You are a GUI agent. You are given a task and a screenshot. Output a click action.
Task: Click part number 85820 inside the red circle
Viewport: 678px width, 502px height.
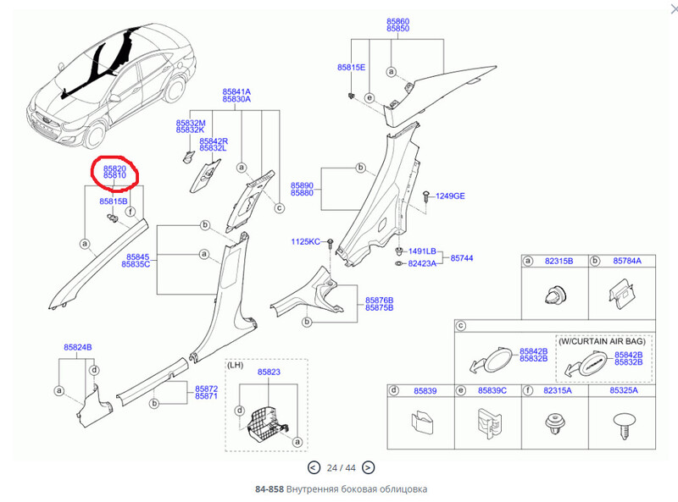114,168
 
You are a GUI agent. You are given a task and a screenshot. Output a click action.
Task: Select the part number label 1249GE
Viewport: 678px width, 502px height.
450,196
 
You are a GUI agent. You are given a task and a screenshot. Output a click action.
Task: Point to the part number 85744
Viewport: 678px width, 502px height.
463,257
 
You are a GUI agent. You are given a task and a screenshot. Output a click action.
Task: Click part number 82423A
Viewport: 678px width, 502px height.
422,264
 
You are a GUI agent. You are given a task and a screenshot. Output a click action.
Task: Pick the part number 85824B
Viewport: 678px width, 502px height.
77,348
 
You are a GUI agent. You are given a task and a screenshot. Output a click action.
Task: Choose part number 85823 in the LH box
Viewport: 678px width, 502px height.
269,372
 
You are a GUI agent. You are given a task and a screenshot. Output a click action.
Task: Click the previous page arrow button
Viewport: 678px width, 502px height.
314,467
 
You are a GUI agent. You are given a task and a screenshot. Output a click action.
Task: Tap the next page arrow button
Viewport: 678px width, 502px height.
368,467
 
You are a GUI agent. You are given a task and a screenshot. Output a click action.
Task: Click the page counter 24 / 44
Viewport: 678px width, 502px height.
341,467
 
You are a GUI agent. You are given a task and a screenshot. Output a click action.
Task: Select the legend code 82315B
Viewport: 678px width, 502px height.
560,262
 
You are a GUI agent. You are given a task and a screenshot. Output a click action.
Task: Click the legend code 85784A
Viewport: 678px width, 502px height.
627,262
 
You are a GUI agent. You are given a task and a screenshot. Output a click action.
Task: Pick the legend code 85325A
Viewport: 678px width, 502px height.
625,390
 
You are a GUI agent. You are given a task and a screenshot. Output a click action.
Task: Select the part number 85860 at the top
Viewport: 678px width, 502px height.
397,19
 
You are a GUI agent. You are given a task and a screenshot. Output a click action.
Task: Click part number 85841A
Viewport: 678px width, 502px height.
236,91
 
